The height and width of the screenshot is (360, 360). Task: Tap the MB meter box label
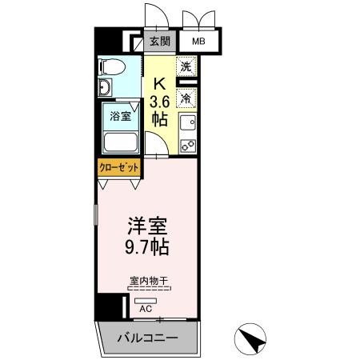[x=196, y=41]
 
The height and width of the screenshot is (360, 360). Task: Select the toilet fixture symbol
[x=112, y=66]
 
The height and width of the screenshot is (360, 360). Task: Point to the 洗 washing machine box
[x=186, y=68]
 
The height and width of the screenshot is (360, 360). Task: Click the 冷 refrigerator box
[x=186, y=98]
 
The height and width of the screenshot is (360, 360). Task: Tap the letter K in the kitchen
[x=159, y=82]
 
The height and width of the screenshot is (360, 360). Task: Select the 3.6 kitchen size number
[x=159, y=101]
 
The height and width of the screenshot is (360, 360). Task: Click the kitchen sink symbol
[x=187, y=123]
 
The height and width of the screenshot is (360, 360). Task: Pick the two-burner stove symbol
[x=187, y=146]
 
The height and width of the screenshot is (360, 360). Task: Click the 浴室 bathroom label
[x=120, y=114]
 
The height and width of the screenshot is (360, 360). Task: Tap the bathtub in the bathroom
[x=121, y=142]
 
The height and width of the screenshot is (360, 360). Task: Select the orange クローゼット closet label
[x=118, y=167]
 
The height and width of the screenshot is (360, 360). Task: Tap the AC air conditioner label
[x=146, y=307]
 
